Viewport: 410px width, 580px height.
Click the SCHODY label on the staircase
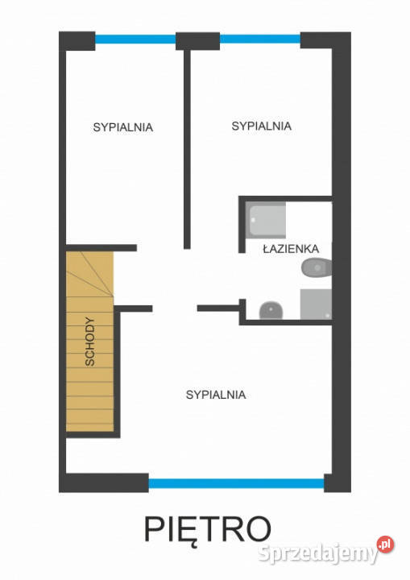click(x=90, y=342)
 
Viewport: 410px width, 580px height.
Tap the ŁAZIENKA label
click(x=291, y=248)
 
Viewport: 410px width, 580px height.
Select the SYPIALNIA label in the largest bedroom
click(x=216, y=395)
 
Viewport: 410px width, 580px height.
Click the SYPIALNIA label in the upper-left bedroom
click(x=123, y=127)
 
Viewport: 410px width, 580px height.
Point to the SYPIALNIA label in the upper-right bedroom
click(x=261, y=126)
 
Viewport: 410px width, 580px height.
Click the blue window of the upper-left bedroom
click(x=135, y=39)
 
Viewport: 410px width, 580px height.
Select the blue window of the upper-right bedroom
click(x=260, y=39)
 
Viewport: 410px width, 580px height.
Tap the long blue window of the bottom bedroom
click(x=237, y=483)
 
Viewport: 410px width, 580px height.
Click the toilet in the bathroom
click(x=317, y=267)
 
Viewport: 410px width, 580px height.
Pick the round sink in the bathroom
click(x=271, y=310)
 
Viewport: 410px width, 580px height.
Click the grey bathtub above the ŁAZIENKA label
click(x=266, y=220)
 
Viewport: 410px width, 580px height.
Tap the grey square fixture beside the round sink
click(x=316, y=304)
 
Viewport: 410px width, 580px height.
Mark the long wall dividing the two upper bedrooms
click(x=187, y=149)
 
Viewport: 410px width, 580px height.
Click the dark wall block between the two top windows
click(x=197, y=41)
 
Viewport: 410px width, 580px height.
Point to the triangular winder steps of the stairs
click(x=89, y=274)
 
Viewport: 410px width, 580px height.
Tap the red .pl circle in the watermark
click(x=385, y=545)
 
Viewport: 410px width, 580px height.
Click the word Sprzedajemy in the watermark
click(x=317, y=553)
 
